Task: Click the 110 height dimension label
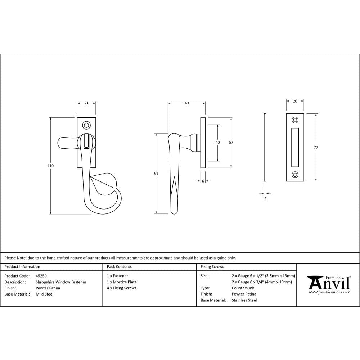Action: [x=50, y=166]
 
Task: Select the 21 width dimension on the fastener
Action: [x=86, y=103]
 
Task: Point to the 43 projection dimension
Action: [x=186, y=103]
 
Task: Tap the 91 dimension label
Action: [x=156, y=174]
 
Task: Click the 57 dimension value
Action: [x=231, y=143]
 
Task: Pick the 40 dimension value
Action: [x=217, y=143]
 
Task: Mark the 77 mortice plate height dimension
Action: [x=316, y=147]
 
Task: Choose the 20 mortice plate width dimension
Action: [x=295, y=102]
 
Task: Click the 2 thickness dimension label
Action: [x=265, y=198]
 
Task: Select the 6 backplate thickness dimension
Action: [x=203, y=181]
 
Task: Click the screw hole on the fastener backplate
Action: [x=86, y=125]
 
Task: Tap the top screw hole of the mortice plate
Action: [x=295, y=120]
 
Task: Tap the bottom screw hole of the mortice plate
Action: [x=295, y=175]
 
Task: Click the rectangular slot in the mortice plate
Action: [x=295, y=147]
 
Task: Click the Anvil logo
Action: [x=328, y=284]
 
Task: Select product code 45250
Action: [x=41, y=276]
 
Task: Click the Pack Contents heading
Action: [x=119, y=267]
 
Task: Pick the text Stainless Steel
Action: [x=244, y=300]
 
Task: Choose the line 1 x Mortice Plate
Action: [x=122, y=282]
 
